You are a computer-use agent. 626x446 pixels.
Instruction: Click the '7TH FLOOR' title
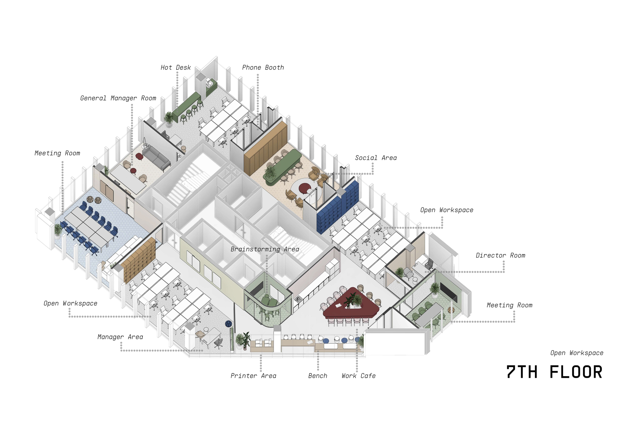(x=554, y=372)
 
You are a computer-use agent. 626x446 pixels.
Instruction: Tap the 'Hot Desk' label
(x=176, y=68)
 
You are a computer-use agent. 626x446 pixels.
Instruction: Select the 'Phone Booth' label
(x=263, y=68)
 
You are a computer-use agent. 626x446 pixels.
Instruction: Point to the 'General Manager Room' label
(x=118, y=98)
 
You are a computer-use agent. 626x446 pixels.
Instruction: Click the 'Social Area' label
(x=376, y=158)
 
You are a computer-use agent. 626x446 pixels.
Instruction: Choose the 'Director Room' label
(x=500, y=255)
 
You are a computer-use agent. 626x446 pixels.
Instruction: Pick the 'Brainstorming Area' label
(x=265, y=249)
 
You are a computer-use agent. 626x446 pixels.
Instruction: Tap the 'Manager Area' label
(x=120, y=337)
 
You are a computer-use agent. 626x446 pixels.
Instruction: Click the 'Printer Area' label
(x=253, y=376)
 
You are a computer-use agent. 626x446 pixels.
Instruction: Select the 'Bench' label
(x=318, y=376)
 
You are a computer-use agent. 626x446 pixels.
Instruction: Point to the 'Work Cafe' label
(x=359, y=376)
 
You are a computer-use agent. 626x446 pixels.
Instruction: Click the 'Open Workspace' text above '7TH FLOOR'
(x=577, y=353)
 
